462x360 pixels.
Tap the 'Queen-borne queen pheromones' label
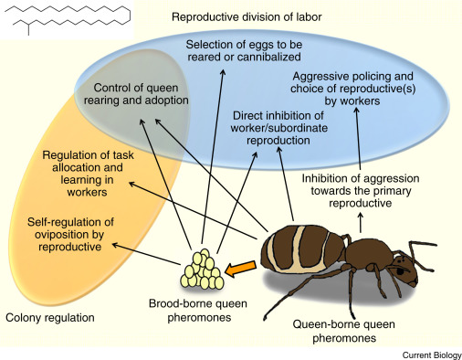(348, 331)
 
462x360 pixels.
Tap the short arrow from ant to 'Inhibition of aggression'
(361, 221)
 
